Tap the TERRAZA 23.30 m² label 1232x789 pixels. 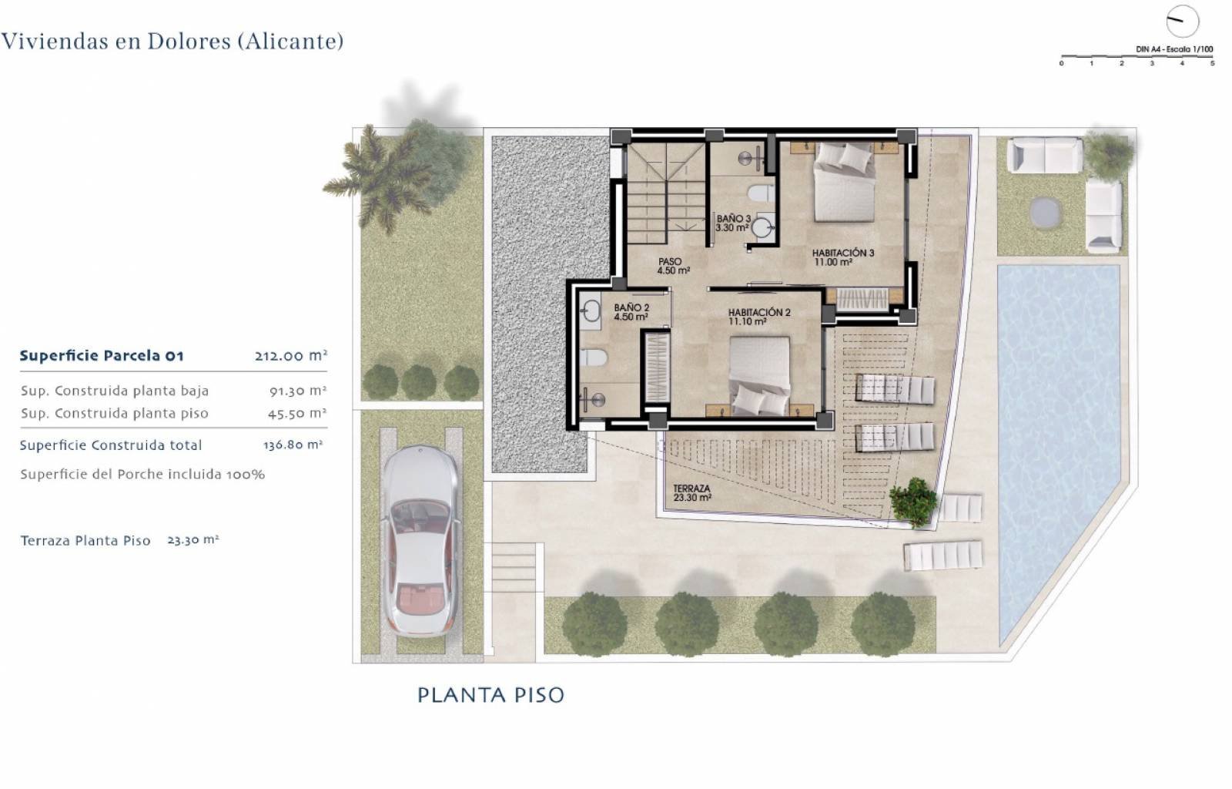[691, 493]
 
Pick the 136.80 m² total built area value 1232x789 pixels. [293, 445]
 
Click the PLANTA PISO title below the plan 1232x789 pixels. [490, 695]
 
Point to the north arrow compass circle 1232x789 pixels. [1182, 21]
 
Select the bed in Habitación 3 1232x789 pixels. [845, 181]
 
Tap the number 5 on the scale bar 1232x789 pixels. [1212, 63]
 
